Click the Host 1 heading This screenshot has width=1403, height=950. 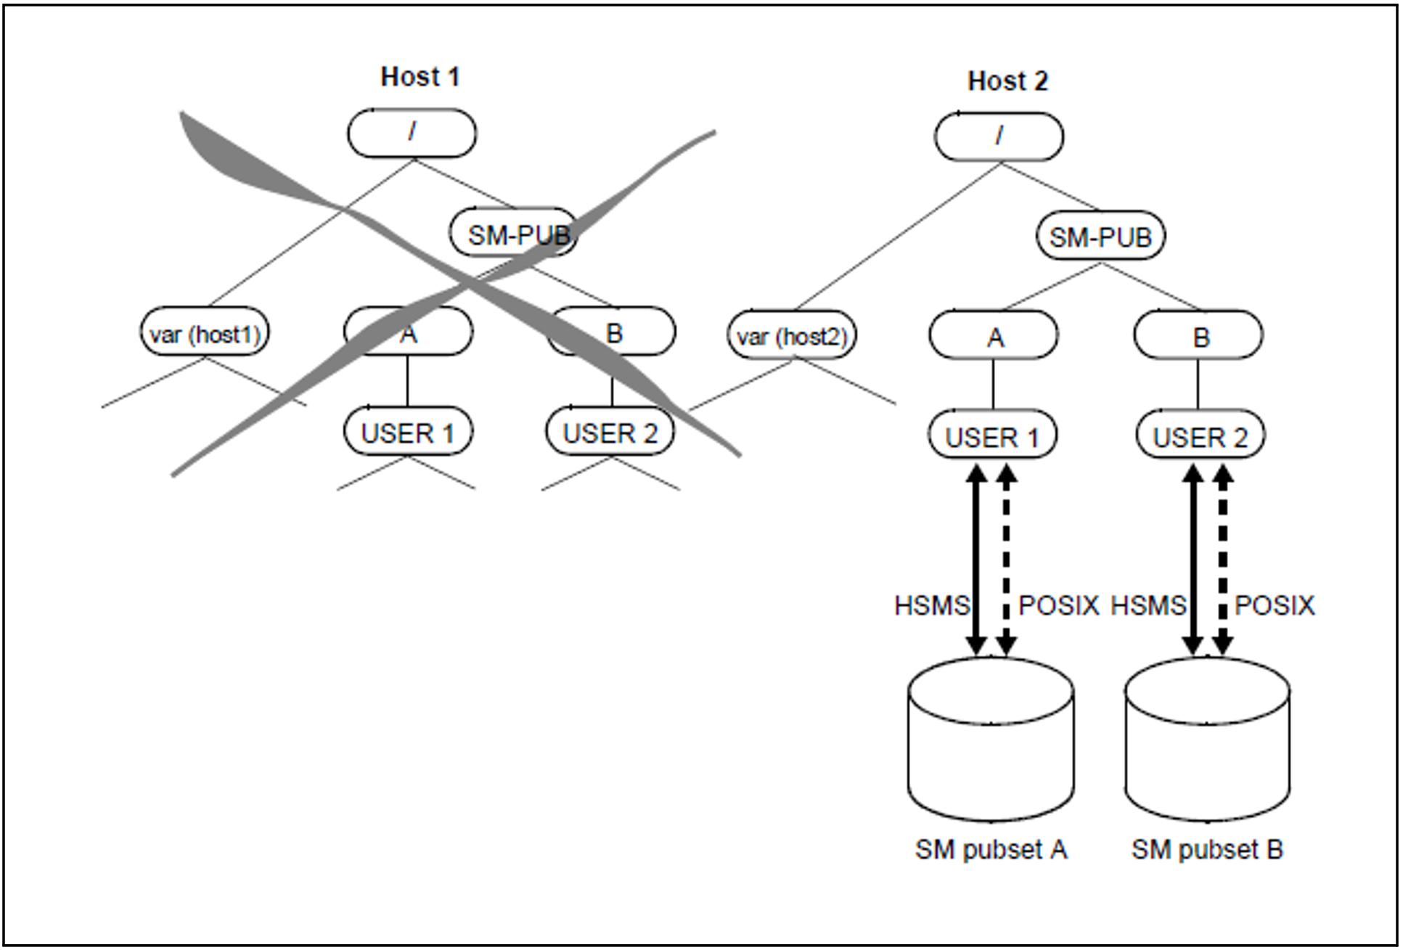[420, 76]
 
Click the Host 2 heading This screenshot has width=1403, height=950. [1007, 81]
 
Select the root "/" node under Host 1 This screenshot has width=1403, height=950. [412, 133]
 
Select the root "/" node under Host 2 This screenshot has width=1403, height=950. [999, 136]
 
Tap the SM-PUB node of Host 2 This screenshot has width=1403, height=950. [1100, 237]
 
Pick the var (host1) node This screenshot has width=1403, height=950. [205, 334]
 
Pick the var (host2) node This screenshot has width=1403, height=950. [792, 337]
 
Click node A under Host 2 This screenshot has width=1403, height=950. [994, 337]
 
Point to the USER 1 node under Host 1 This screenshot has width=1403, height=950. [408, 433]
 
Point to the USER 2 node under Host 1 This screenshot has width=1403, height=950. [610, 433]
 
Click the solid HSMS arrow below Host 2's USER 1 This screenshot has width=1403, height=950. [976, 559]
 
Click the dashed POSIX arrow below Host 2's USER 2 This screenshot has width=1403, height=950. [1222, 559]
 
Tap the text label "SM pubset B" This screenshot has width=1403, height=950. [1207, 849]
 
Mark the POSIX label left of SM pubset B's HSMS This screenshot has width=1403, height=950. [1058, 605]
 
